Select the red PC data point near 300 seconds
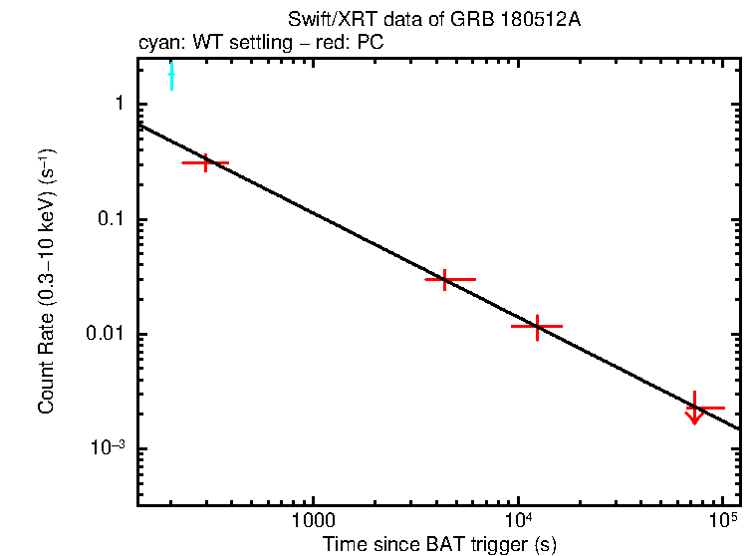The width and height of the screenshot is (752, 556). tap(206, 161)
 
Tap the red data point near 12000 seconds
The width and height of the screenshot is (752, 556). tap(537, 326)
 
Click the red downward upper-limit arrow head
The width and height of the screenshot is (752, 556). tap(694, 419)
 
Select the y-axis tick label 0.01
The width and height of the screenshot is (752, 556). tap(106, 335)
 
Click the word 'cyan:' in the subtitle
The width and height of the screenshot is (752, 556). tap(156, 44)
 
